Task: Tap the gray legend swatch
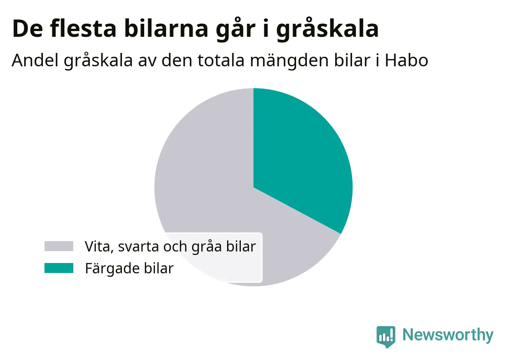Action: point(59,246)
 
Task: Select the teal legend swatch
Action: point(59,268)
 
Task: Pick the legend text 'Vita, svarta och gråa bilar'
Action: point(170,247)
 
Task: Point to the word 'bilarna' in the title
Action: point(166,28)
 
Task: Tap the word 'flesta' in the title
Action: point(83,28)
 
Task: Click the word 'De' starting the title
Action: point(28,29)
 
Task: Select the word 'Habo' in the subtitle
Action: point(406,61)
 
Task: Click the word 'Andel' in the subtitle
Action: point(35,60)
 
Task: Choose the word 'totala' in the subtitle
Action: point(221,61)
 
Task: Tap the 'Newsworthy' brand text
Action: point(448,335)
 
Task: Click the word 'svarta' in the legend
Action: point(138,247)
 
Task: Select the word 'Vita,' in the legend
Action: point(99,247)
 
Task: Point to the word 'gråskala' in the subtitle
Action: point(98,61)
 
